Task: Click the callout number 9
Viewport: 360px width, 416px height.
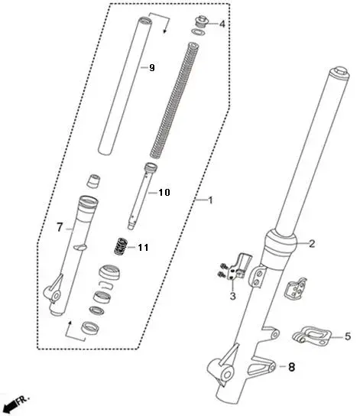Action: point(151,68)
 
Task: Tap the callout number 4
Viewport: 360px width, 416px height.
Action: point(222,24)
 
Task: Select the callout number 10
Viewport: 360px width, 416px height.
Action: point(164,193)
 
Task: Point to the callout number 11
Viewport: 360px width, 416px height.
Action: point(143,248)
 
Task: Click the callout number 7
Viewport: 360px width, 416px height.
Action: point(60,227)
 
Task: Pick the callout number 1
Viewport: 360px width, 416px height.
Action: point(210,200)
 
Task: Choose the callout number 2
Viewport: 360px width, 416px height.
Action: point(312,243)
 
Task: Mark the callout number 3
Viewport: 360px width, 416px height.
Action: point(232,296)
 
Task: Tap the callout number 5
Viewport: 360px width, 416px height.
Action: point(348,336)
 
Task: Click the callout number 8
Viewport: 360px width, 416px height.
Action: point(291,367)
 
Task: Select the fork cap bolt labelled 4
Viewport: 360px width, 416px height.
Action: point(201,21)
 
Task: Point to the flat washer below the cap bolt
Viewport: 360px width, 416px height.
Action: point(197,32)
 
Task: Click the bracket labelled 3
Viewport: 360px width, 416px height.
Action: point(240,266)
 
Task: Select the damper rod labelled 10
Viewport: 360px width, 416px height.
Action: point(141,197)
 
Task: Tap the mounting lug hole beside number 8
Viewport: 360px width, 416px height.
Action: point(272,368)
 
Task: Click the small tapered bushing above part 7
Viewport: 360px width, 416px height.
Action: point(93,181)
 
